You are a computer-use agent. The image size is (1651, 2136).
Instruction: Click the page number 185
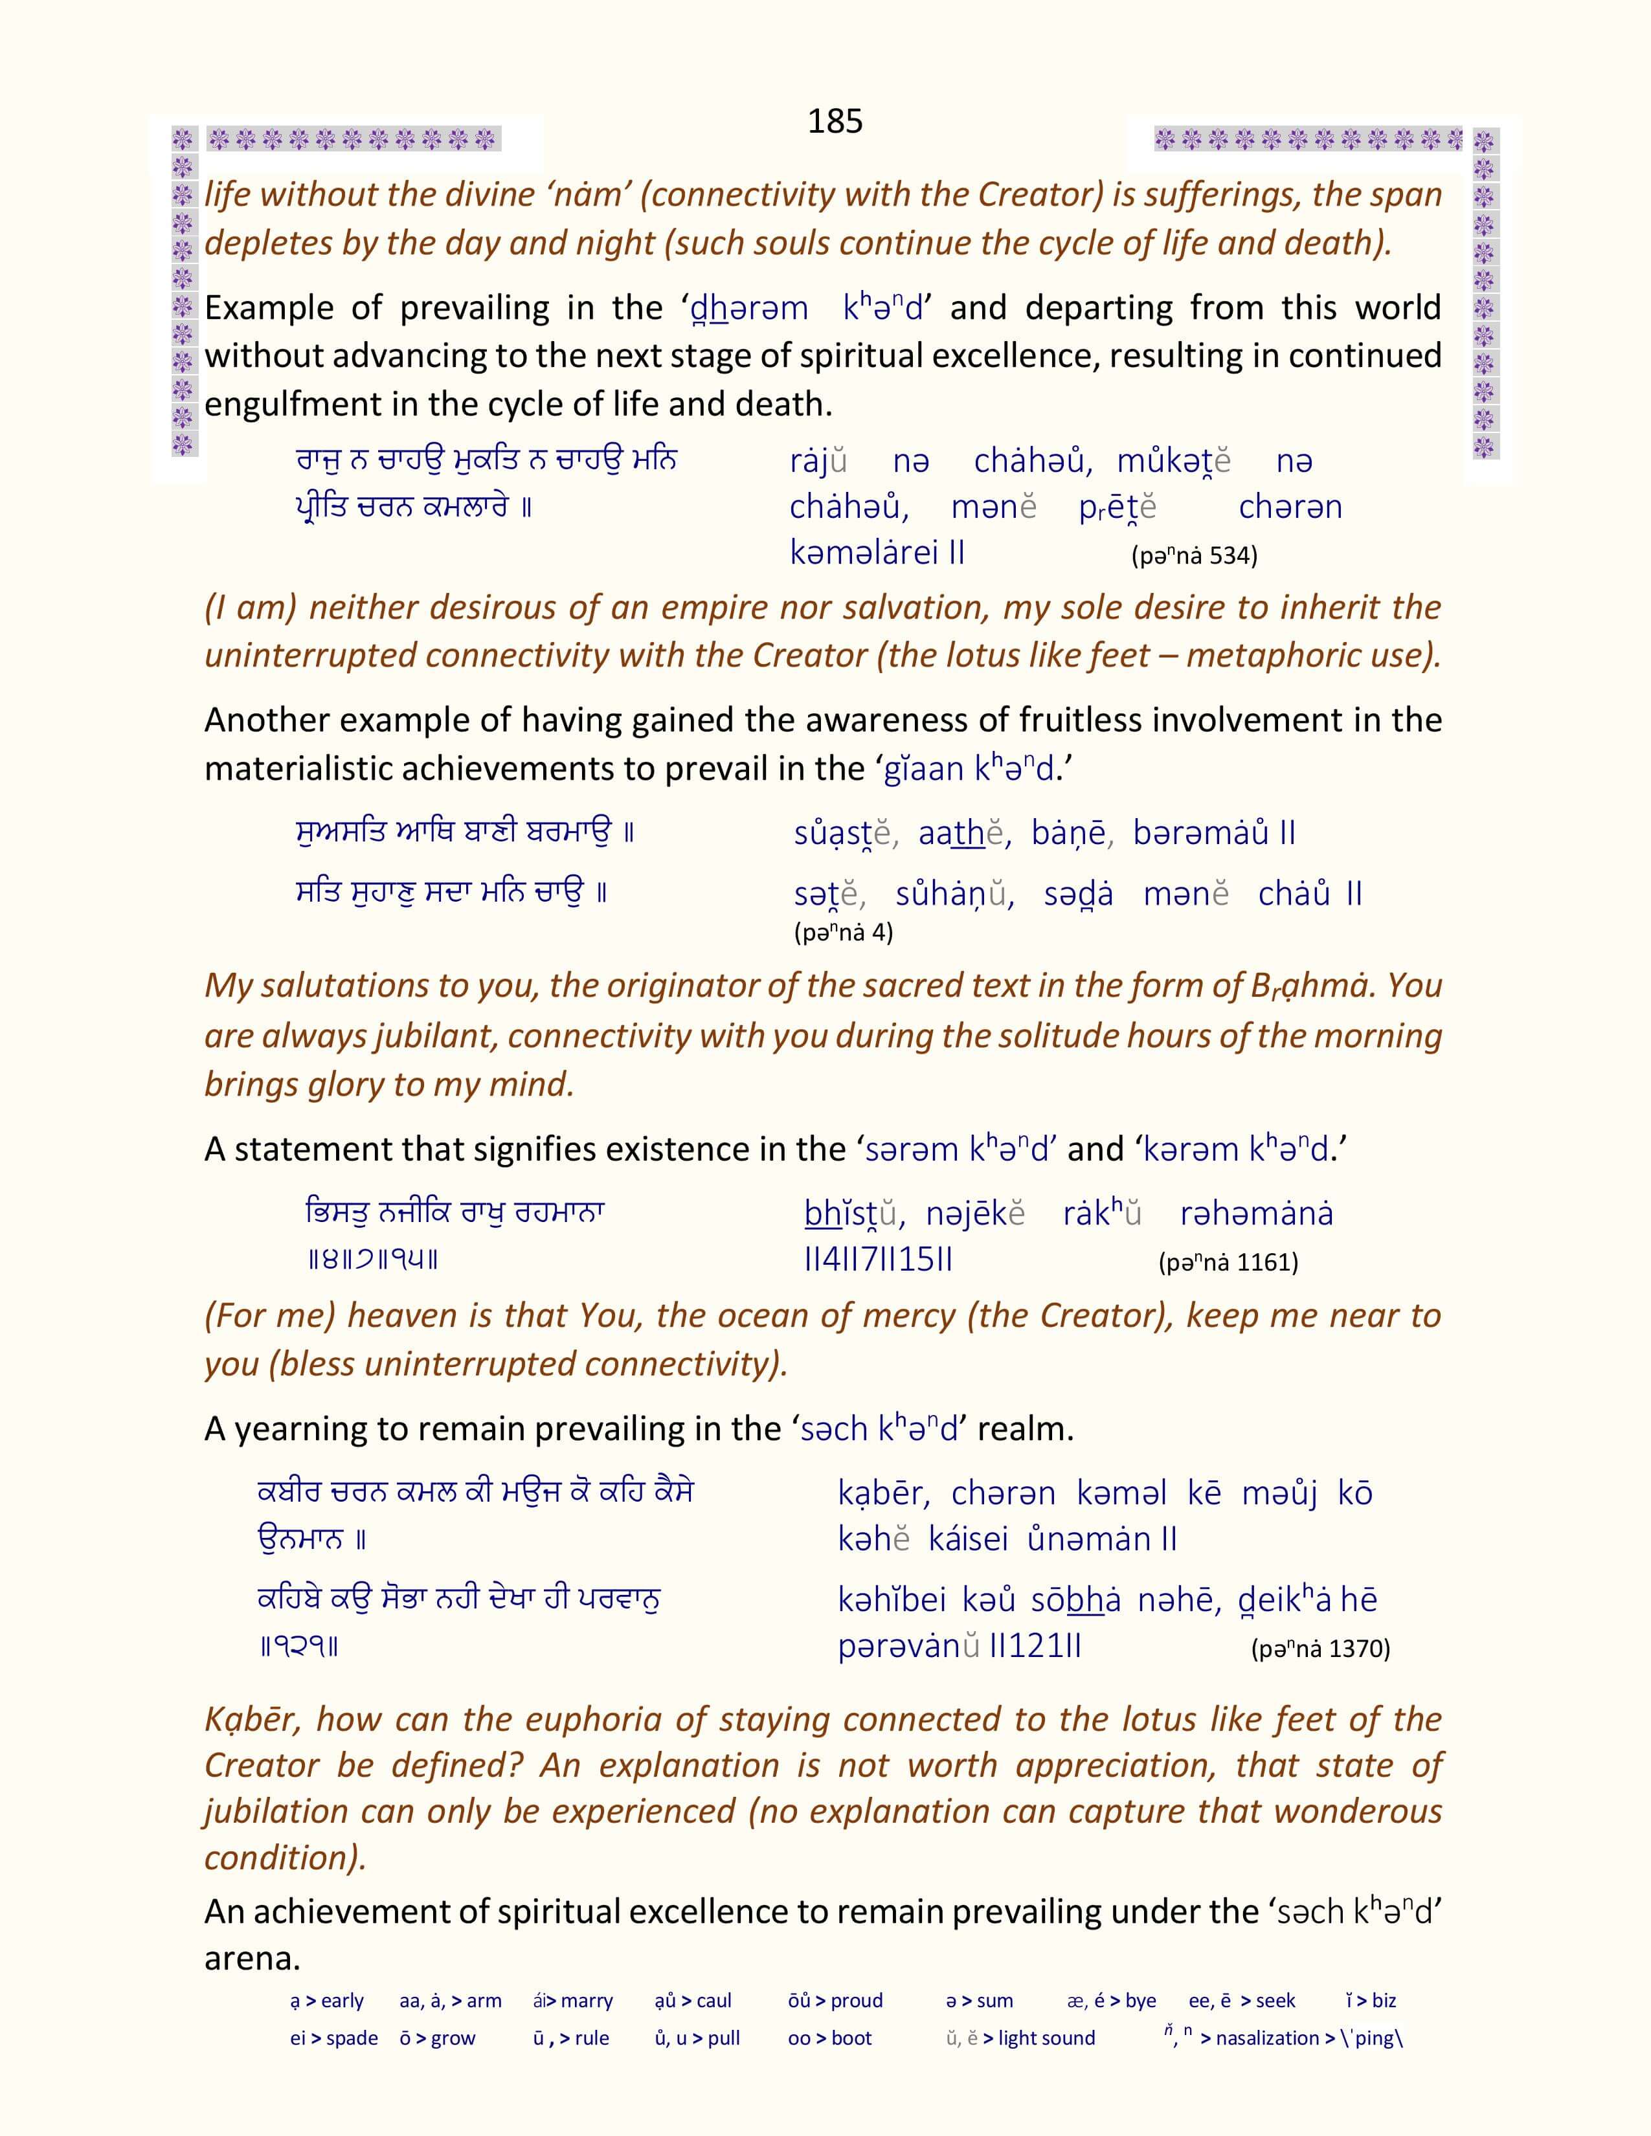835,121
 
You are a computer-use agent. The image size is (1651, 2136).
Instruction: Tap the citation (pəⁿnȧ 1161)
1228,1263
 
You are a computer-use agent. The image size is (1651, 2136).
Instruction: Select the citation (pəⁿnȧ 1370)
1320,1649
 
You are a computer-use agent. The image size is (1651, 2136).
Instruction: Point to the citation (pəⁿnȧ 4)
843,932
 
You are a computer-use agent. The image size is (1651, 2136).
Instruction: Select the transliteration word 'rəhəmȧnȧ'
1256,1214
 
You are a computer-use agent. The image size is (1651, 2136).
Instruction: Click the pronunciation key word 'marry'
587,2001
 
